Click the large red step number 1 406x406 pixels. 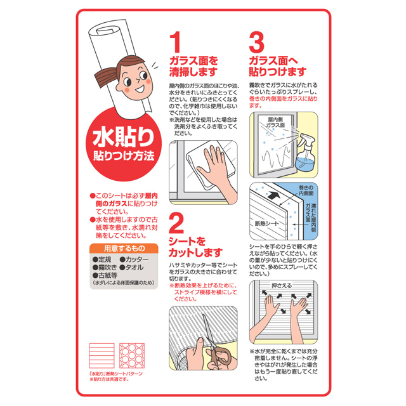point(175,42)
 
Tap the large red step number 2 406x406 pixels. point(176,223)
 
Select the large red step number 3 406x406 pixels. point(256,42)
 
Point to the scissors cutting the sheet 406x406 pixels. point(217,342)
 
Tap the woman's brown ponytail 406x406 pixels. point(107,77)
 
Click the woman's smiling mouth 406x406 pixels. point(140,89)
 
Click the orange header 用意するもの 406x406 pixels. point(124,248)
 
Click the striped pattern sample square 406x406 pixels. point(101,356)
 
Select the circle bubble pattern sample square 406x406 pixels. point(132,356)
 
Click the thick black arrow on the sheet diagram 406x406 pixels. point(273,195)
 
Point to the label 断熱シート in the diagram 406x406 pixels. point(266,223)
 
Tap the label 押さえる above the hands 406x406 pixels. point(282,285)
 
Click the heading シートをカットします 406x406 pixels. point(195,247)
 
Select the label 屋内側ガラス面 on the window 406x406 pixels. point(275,122)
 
